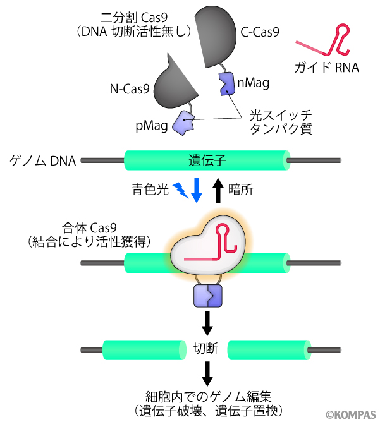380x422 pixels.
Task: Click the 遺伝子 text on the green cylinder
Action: coord(207,160)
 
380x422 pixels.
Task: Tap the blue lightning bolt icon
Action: coord(180,190)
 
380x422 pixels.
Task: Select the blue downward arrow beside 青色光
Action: coord(197,190)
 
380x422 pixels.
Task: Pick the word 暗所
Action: coord(241,189)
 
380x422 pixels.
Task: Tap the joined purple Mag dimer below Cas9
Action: coord(207,295)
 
